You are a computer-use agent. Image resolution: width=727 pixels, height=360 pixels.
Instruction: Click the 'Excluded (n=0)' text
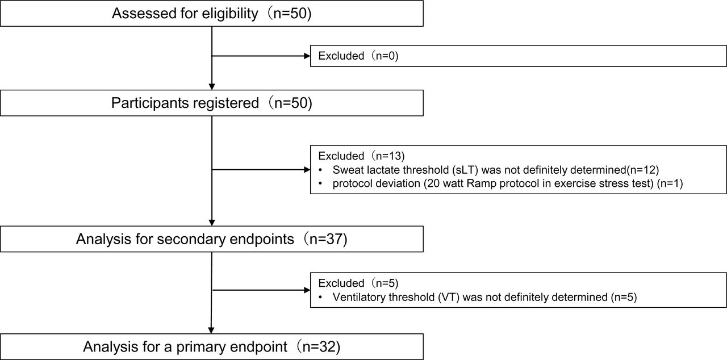coord(358,56)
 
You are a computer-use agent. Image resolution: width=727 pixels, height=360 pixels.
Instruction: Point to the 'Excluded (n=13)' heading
coord(361,156)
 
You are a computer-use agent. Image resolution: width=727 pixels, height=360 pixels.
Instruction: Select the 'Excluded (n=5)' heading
coord(358,283)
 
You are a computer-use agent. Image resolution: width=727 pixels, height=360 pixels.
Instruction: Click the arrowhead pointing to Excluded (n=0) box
coord(307,56)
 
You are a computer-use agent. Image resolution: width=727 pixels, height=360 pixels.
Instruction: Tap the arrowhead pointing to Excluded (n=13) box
coord(307,170)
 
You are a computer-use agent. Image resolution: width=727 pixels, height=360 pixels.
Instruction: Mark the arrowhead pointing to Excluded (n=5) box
coord(307,290)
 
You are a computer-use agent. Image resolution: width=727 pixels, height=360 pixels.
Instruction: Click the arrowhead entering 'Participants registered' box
coord(212,87)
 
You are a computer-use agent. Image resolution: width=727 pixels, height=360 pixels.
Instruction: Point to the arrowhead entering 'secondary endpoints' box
coord(212,223)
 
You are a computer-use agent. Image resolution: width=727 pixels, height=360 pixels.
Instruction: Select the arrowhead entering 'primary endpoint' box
coord(211,330)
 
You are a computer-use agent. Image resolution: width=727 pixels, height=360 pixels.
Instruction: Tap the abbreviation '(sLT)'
coord(465,170)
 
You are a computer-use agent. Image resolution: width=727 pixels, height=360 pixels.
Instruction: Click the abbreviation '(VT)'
coord(449,297)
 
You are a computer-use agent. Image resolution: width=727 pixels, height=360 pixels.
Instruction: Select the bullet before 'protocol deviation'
coord(321,183)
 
